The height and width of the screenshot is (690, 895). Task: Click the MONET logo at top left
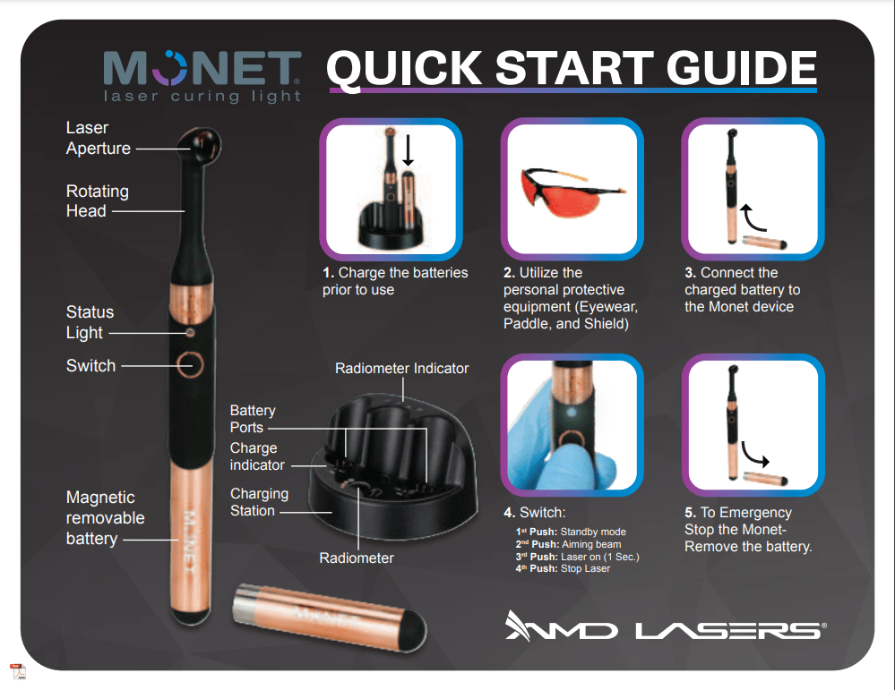tap(202, 76)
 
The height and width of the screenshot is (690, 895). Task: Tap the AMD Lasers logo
tap(666, 626)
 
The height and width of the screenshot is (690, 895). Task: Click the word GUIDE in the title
tap(742, 68)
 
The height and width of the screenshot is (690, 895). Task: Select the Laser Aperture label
tap(99, 138)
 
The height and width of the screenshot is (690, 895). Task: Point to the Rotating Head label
tap(97, 200)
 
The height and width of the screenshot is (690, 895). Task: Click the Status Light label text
tap(90, 322)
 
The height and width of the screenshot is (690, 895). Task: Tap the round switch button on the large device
tap(190, 365)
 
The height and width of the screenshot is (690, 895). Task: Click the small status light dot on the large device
tap(190, 332)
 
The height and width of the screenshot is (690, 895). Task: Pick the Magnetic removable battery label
tap(105, 518)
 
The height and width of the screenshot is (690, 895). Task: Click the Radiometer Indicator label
tap(402, 369)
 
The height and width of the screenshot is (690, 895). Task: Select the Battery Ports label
tap(253, 419)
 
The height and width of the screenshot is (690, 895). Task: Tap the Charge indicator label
tap(257, 456)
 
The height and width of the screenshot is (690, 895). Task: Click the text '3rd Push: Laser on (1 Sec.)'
tap(577, 557)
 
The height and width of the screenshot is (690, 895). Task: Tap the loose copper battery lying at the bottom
tap(330, 617)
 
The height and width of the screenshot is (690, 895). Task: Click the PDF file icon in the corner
tap(18, 672)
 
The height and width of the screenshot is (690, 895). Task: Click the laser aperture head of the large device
tap(199, 145)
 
